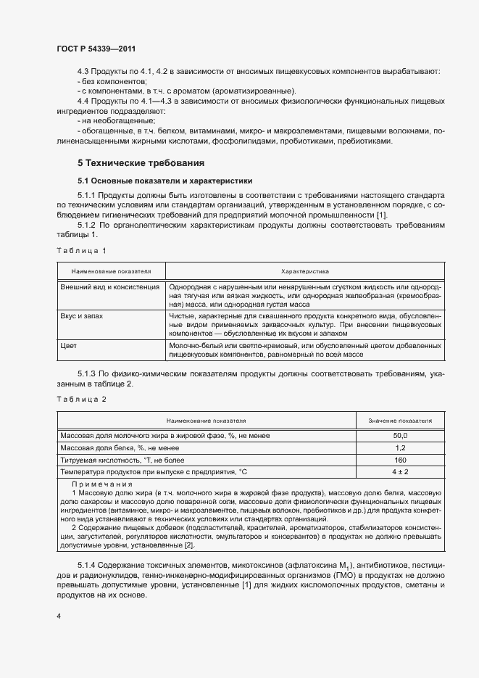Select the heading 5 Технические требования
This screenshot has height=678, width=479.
141,162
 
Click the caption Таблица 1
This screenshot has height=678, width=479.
81,251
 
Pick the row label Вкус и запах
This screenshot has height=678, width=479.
83,316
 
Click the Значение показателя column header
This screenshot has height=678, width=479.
400,420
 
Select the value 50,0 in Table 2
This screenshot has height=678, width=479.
400,436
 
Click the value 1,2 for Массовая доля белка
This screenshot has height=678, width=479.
400,448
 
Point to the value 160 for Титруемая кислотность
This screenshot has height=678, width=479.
400,460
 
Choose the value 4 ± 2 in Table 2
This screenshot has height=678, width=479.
400,472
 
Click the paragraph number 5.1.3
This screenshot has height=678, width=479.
86,372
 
